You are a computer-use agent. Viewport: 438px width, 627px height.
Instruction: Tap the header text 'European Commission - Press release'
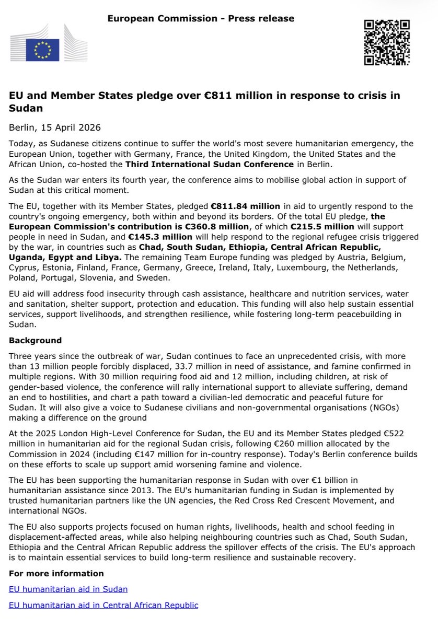pos(201,19)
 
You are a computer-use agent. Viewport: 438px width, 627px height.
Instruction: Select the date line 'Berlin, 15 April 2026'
pos(55,127)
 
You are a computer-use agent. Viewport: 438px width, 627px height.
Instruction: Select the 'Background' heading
pos(36,341)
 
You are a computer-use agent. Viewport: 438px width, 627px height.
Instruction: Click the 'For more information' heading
pos(56,574)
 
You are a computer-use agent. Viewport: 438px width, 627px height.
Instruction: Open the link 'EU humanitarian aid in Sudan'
pos(68,589)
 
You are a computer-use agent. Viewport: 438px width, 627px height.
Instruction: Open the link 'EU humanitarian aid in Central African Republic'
pos(103,606)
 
